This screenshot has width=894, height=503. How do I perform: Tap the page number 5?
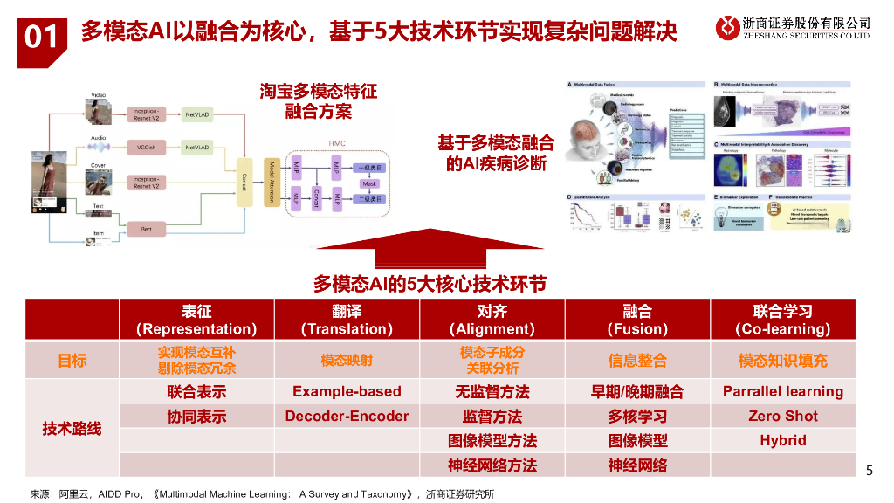tap(868, 471)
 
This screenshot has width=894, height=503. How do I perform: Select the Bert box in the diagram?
tap(146, 228)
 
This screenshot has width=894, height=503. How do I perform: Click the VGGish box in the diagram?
tap(146, 148)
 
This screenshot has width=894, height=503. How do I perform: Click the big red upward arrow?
tap(430, 248)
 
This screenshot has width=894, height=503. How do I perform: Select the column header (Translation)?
tap(347, 320)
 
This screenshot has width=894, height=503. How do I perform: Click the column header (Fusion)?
tap(637, 320)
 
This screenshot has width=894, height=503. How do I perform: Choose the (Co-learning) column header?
tap(782, 320)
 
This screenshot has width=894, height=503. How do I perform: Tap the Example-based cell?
tap(347, 391)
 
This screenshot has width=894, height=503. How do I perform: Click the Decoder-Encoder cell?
tap(347, 416)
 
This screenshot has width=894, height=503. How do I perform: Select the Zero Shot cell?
tap(782, 416)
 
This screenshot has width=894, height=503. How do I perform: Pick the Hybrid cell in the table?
tap(782, 440)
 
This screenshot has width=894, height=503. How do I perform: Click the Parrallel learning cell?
tap(782, 391)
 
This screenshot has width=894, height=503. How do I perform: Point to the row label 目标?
tap(72, 360)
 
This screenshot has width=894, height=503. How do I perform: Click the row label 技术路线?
tap(72, 428)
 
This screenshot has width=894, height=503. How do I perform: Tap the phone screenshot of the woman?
tap(52, 179)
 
